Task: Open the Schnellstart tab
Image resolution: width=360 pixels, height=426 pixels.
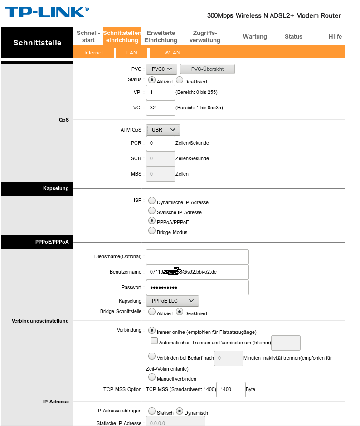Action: pos(88,37)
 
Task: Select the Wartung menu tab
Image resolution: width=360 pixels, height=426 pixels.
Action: pos(255,37)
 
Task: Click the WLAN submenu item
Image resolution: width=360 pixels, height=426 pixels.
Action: pos(172,53)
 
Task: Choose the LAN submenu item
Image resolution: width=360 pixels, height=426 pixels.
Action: pos(131,53)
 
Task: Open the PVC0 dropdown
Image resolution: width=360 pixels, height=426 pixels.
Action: pos(161,69)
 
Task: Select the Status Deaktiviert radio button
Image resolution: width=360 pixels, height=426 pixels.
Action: pos(179,80)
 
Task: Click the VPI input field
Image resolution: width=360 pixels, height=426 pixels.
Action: pos(161,93)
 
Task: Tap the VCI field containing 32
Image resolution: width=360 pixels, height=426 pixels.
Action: pos(161,108)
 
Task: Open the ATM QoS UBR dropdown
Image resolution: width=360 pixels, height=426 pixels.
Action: pos(163,130)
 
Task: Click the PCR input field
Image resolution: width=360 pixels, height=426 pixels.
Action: pos(161,143)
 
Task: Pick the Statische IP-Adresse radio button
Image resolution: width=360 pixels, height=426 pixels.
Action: pos(152,211)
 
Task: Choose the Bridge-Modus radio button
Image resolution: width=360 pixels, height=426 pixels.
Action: pos(152,230)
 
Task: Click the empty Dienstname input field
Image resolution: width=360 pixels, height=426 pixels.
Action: pos(197,256)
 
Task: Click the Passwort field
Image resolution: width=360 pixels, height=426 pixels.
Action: pos(197,288)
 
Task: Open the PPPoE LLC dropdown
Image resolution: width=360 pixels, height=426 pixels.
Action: pos(172,301)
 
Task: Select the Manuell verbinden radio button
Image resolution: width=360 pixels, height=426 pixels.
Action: pos(152,377)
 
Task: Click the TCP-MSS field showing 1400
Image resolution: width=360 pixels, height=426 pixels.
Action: pos(231,389)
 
